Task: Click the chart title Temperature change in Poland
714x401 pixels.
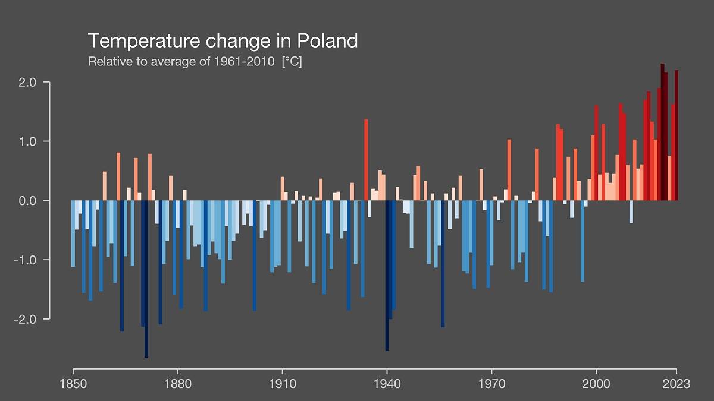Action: coord(223,41)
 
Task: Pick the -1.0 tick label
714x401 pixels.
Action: coord(27,260)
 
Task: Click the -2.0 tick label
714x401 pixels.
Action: coord(27,319)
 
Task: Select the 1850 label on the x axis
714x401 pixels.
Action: coord(73,384)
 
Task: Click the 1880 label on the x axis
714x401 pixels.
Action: coord(177,384)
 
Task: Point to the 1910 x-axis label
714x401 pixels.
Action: coord(282,384)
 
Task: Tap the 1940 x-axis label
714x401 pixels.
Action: coord(387,384)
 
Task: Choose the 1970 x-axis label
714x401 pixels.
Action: coord(491,384)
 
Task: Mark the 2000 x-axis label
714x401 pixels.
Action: coord(596,384)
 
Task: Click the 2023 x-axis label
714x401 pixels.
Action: coord(677,384)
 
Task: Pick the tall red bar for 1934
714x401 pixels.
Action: coord(366,160)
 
